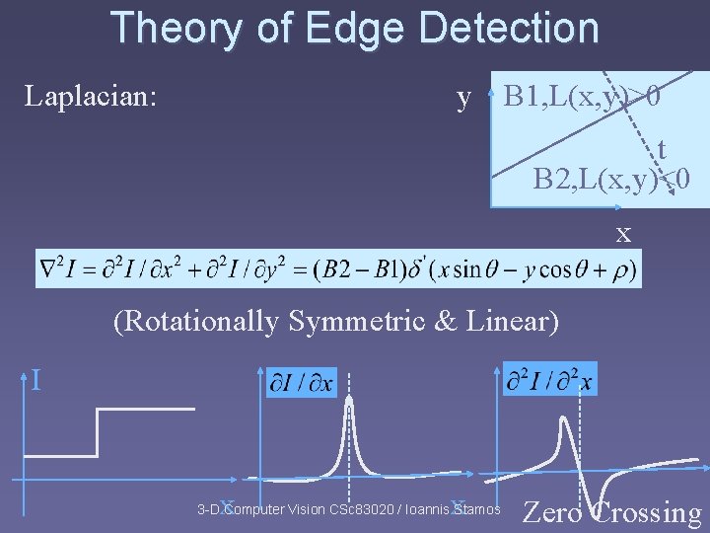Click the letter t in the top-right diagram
pos(661,149)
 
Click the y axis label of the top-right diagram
pos(463,98)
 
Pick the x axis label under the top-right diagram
pos(623,234)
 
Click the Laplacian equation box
pos(337,267)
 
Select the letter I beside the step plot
pos(35,379)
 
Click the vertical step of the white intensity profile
pos(98,432)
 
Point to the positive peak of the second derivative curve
pos(562,420)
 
